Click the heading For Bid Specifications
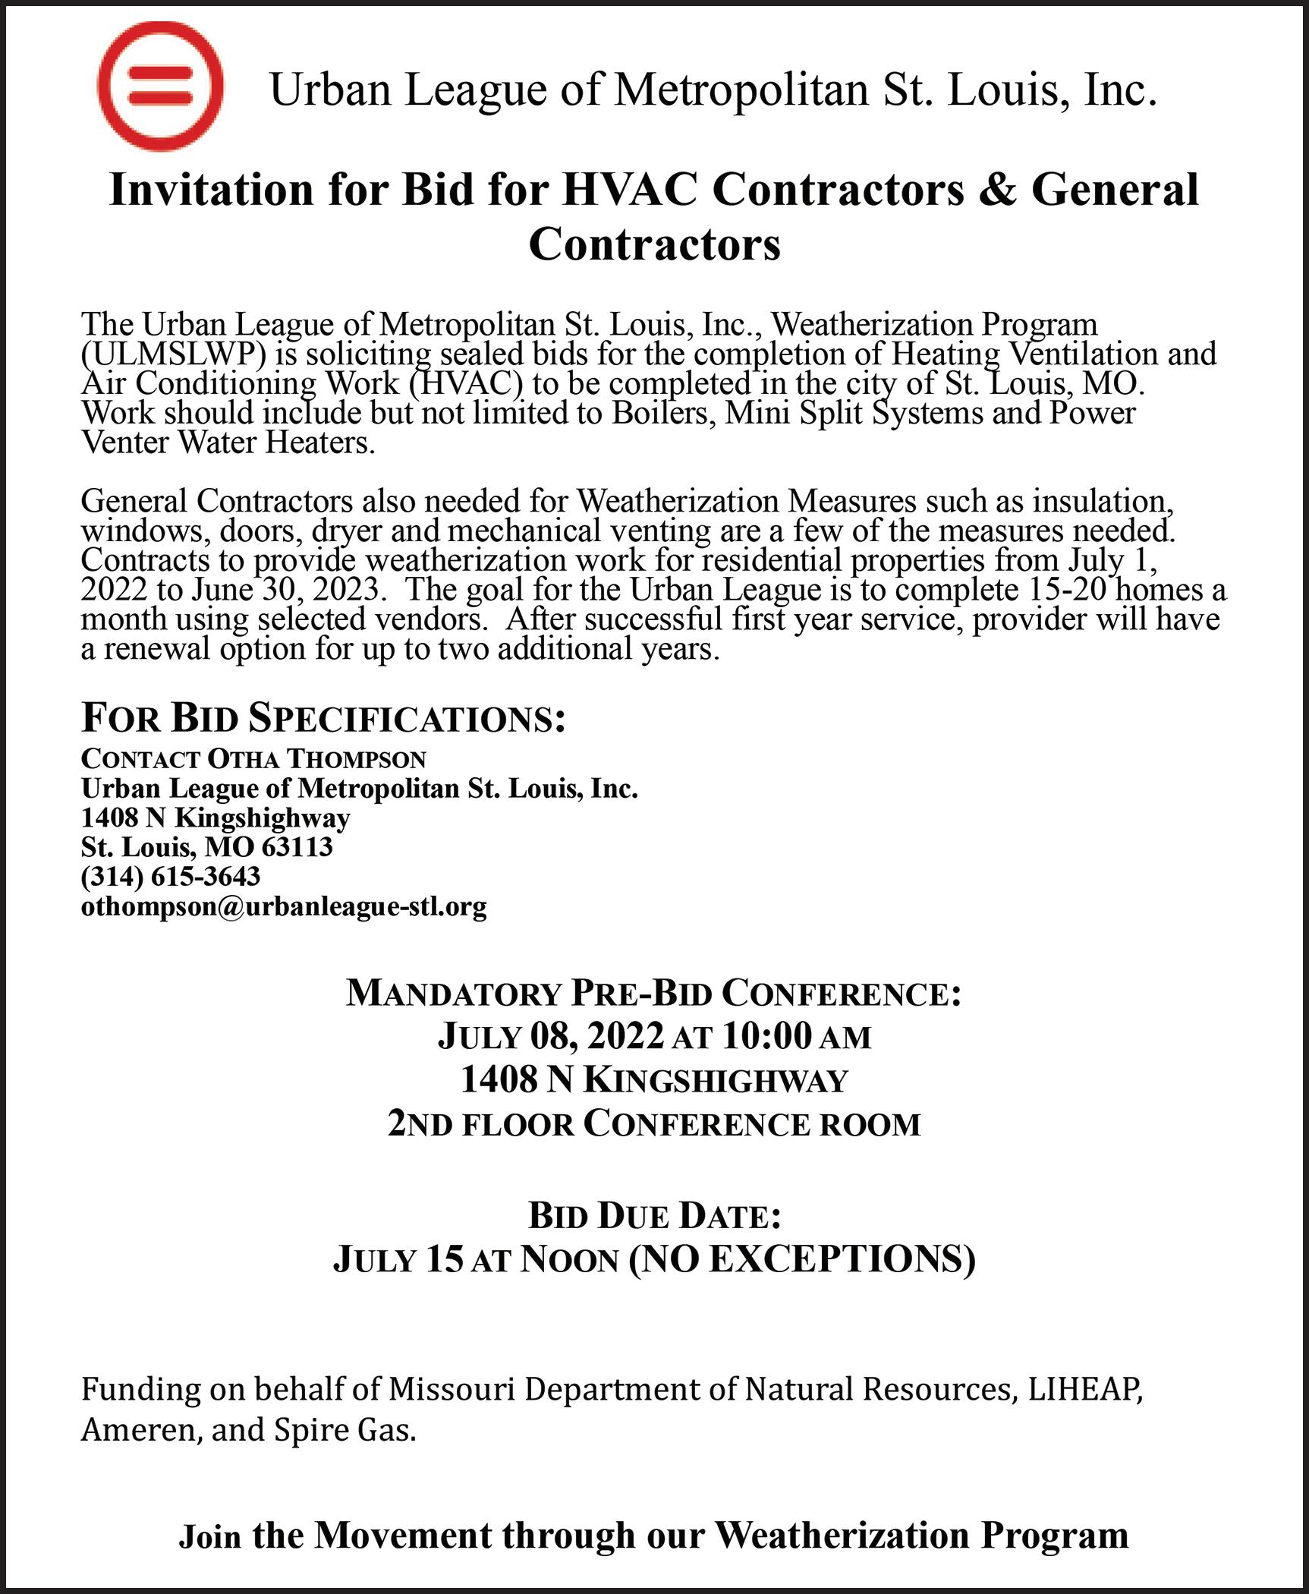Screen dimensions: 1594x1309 tap(323, 718)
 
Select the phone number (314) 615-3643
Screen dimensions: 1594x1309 tap(171, 877)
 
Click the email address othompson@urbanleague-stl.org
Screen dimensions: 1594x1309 tap(284, 906)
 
